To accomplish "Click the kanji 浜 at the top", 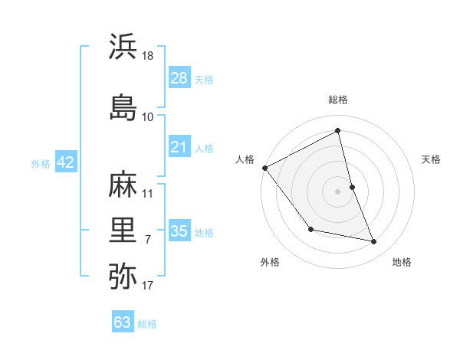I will click(123, 47).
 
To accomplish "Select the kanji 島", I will click(123, 106).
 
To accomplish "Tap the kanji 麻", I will click(123, 183).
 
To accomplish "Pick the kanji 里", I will click(123, 230).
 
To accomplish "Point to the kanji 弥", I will click(123, 276).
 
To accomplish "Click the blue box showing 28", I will click(179, 77).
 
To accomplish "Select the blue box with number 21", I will click(179, 147).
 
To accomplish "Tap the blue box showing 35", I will click(179, 231).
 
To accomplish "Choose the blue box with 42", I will click(65, 162).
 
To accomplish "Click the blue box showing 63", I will click(123, 322).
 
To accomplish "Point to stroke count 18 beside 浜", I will click(148, 56).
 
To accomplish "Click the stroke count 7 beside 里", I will click(148, 240).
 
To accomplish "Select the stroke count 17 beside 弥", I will click(148, 286).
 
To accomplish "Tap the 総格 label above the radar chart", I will click(338, 100).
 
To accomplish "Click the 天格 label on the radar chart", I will click(432, 159).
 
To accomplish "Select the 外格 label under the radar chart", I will click(270, 262).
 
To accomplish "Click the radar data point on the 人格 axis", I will click(264, 168).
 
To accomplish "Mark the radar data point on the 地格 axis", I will click(374, 242).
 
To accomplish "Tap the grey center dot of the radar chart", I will click(338, 191).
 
